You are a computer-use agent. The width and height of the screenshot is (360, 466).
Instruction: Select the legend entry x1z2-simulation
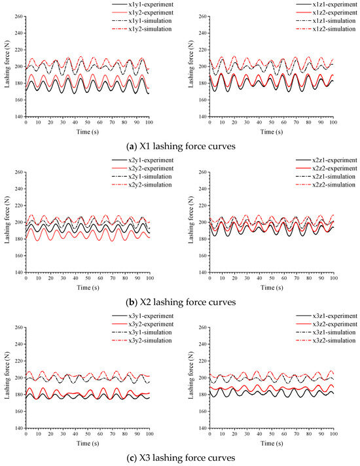(314, 28)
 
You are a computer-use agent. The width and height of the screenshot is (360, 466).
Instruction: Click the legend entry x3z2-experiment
(314, 324)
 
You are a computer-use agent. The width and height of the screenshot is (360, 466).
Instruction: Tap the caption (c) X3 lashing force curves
(180, 457)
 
